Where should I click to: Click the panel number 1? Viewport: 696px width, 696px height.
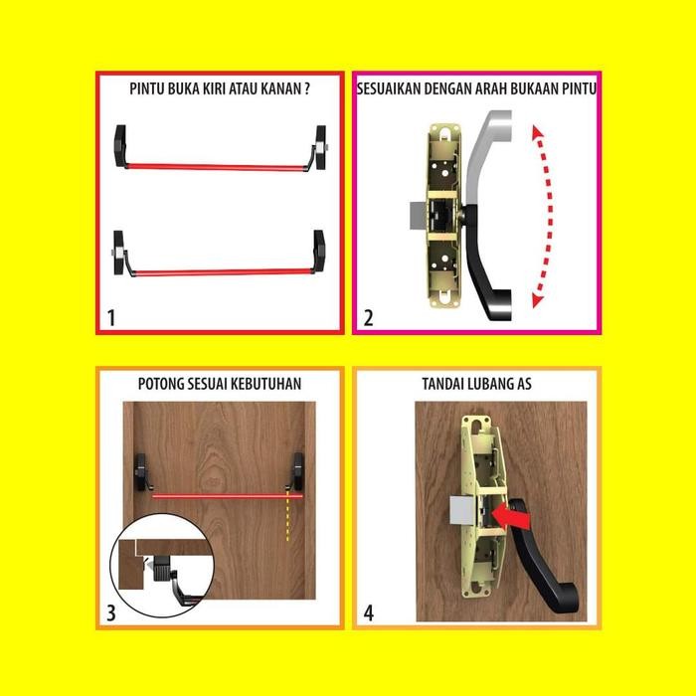click(111, 318)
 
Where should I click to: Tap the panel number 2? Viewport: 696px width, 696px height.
click(369, 318)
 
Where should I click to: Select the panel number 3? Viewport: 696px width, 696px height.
click(111, 613)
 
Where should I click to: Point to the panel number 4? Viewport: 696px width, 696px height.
click(369, 613)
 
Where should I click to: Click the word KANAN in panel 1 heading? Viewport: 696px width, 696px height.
click(281, 88)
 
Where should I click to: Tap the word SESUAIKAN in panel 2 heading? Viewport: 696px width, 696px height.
click(389, 88)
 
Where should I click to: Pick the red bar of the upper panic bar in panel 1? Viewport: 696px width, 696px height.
click(216, 167)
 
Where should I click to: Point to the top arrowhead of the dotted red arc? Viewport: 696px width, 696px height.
click(538, 132)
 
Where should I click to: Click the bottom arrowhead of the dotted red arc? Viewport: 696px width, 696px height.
click(538, 301)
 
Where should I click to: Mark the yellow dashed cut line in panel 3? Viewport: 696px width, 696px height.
click(288, 516)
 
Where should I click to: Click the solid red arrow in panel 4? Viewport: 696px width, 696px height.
click(513, 516)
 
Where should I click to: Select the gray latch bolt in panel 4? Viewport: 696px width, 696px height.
click(463, 510)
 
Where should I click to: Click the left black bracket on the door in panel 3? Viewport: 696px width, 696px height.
click(141, 472)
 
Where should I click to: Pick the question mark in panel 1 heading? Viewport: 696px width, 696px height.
click(306, 88)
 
